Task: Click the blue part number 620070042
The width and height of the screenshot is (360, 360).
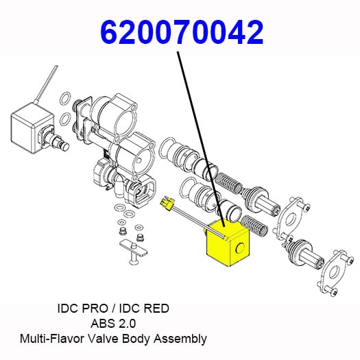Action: [182, 32]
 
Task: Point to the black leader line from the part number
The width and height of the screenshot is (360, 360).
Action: [201, 139]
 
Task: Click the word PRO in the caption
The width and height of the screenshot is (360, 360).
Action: [95, 309]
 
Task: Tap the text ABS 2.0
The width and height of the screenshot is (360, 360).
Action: [113, 324]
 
